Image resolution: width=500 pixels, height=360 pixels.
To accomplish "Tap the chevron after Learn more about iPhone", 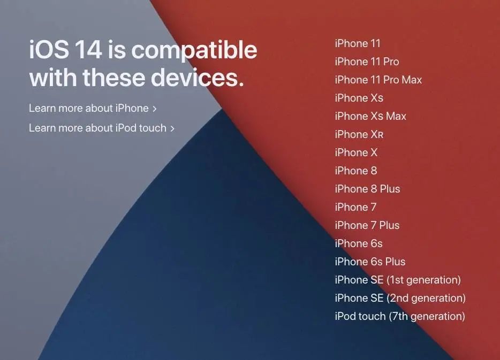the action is tap(155, 109).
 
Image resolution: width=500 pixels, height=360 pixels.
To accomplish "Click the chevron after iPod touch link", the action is tap(172, 129).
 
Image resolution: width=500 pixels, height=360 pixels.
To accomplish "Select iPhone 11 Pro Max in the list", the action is tap(378, 80).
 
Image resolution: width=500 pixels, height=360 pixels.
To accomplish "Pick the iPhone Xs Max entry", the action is tap(370, 116).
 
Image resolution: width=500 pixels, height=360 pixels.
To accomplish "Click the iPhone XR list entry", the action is tap(359, 134).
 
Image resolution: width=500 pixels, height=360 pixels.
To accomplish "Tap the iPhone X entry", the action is tap(356, 152).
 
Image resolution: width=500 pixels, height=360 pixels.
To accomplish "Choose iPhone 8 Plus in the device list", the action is tap(367, 189).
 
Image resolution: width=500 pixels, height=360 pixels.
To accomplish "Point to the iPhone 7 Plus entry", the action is tap(367, 225).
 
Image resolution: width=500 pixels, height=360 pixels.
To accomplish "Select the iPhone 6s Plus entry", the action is tap(370, 262).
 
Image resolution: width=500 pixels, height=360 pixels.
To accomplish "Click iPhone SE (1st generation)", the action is tap(398, 280).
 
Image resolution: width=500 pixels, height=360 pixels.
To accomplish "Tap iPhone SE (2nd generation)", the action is tap(400, 298).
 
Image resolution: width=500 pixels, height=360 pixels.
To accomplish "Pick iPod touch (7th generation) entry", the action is tap(400, 316).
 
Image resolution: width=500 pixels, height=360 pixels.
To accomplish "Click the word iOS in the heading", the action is tap(49, 50).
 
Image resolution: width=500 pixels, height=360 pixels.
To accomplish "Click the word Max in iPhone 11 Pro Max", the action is tap(412, 80).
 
